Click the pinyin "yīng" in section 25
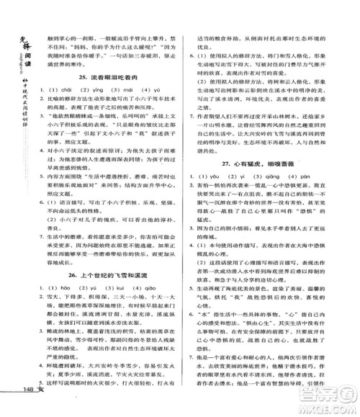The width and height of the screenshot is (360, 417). tap(107, 90)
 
